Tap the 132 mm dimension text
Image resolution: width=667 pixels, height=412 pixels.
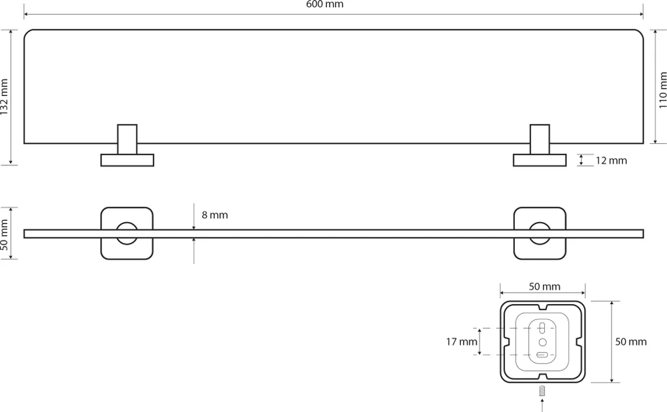point(6,97)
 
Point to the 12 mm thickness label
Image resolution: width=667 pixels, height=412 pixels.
point(611,161)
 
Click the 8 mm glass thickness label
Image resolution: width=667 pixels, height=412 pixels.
point(215,215)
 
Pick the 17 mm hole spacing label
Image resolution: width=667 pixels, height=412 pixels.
point(462,342)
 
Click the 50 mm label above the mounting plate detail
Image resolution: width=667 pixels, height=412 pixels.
point(544,287)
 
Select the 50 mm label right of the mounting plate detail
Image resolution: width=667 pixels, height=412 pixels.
point(631,342)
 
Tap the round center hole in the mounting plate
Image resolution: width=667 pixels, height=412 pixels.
point(542,341)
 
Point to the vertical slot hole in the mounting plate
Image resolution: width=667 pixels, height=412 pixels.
point(542,328)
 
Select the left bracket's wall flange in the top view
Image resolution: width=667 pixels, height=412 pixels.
point(127,160)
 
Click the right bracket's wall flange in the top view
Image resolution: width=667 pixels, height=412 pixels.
point(540,160)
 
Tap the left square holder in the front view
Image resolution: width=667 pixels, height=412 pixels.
point(127,233)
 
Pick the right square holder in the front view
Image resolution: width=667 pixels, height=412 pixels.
point(539,233)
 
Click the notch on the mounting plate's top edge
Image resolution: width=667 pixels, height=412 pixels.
point(542,307)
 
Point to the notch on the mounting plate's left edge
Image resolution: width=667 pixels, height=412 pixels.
point(506,342)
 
